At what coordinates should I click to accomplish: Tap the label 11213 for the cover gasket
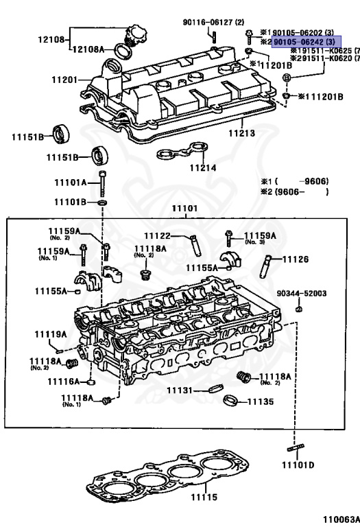[x=241, y=132]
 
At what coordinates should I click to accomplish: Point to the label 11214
[x=202, y=167]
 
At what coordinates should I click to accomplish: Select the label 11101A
[x=71, y=183]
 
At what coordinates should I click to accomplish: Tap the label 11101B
[x=71, y=202]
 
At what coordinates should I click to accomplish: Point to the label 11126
[x=296, y=259]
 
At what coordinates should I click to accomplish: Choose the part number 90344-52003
[x=301, y=294]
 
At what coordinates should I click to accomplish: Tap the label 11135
[x=260, y=401]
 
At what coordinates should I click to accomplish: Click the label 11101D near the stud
[x=298, y=465]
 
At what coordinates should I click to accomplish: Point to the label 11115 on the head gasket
[x=204, y=496]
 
